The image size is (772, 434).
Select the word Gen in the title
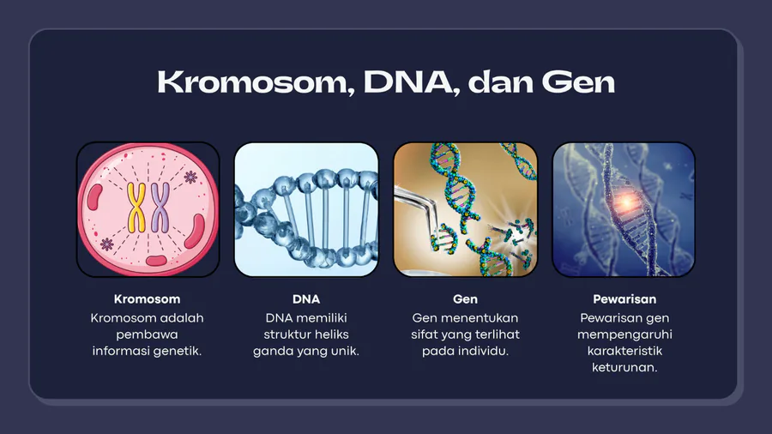(578, 82)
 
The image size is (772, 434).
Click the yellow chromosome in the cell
(136, 208)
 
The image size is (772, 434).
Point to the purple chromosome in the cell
(160, 208)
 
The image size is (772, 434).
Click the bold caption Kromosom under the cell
(148, 299)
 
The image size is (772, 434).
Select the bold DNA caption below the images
(306, 299)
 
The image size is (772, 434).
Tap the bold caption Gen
(465, 299)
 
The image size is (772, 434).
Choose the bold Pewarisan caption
(624, 299)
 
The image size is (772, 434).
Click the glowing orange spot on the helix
(626, 202)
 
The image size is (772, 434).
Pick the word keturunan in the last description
(624, 368)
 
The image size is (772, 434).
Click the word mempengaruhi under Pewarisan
(624, 335)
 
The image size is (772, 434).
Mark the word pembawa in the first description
(148, 335)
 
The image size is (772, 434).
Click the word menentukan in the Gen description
(484, 318)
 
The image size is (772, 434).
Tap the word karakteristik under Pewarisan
(624, 351)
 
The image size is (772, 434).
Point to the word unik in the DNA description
(346, 351)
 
